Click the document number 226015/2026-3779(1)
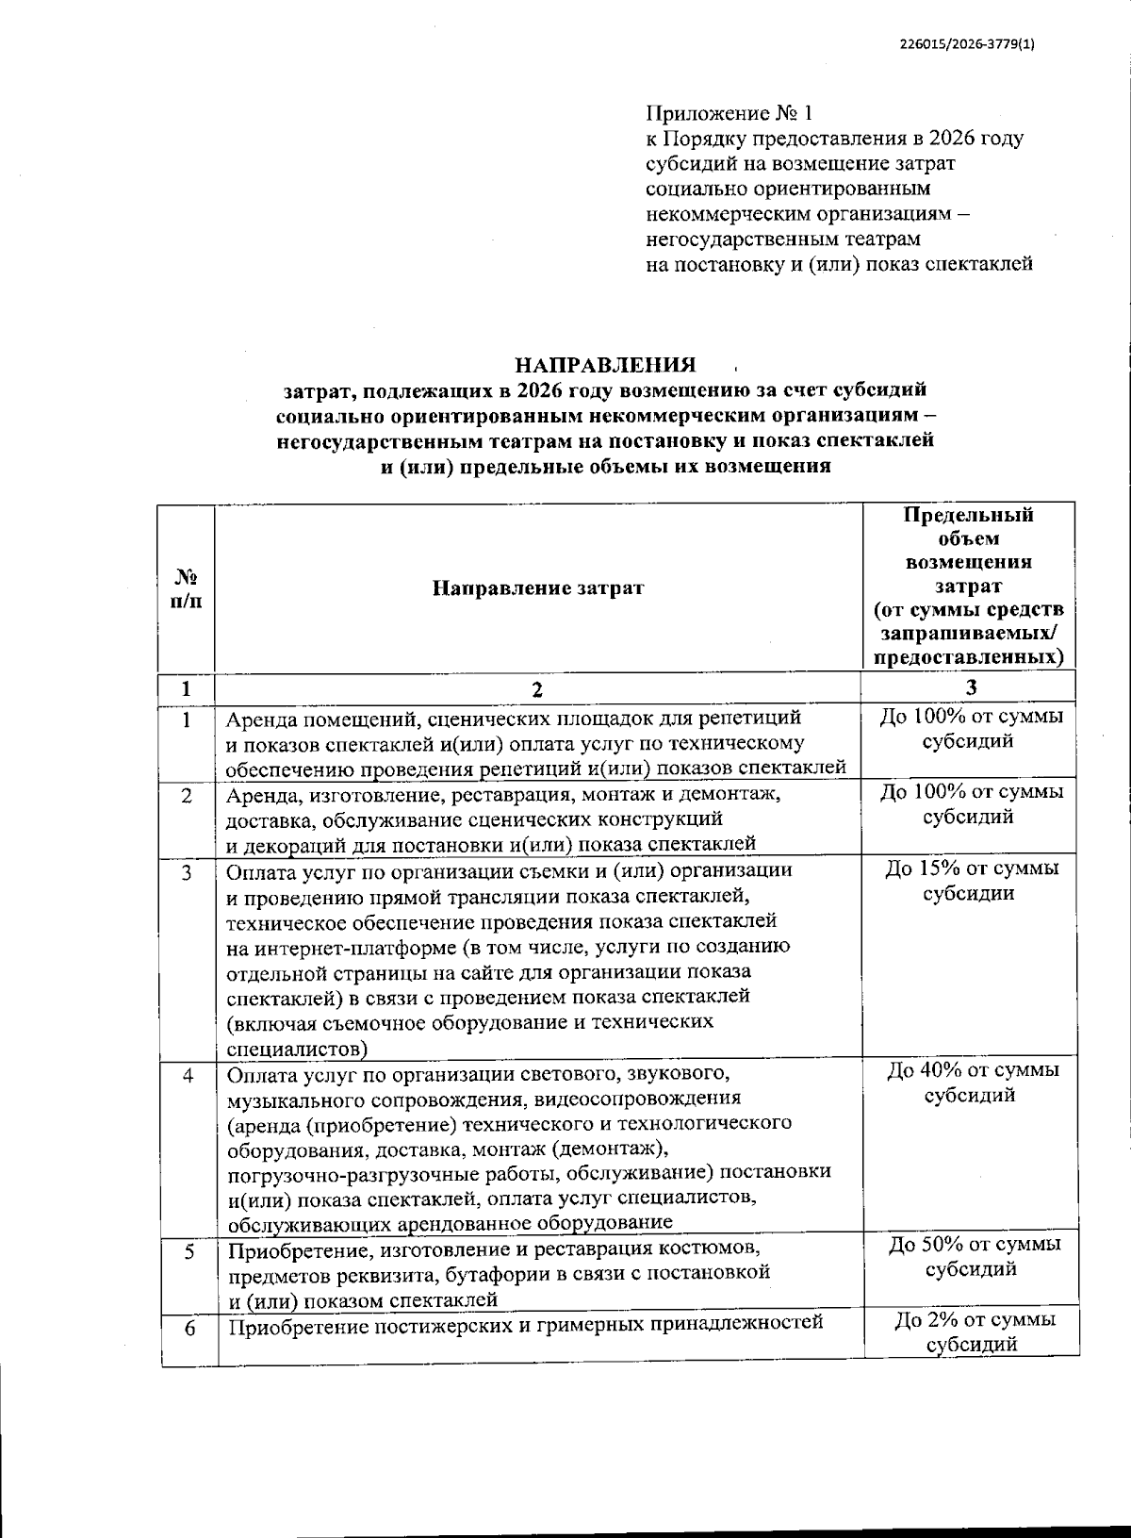click(967, 41)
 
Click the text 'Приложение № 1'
click(728, 114)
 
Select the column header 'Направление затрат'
click(538, 588)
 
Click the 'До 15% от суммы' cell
click(971, 868)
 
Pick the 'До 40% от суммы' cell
click(971, 1070)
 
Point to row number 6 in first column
click(188, 1328)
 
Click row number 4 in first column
click(188, 1075)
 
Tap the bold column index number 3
click(971, 686)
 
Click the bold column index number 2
click(537, 688)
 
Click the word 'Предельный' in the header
click(968, 515)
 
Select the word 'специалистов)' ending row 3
click(297, 1048)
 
